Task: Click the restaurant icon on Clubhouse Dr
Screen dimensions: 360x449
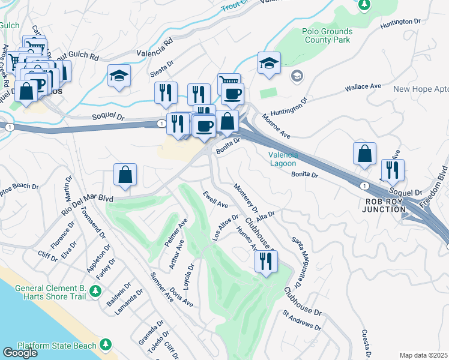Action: click(x=265, y=261)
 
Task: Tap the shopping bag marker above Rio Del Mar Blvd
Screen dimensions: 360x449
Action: click(x=125, y=175)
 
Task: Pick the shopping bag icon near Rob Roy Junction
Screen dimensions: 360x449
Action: click(x=365, y=154)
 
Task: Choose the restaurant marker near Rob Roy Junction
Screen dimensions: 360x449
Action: click(x=393, y=170)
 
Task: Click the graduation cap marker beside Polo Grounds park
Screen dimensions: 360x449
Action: click(x=269, y=62)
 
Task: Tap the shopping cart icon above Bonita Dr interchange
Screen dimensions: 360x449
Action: click(x=229, y=83)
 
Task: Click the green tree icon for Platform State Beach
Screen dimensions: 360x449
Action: click(x=106, y=344)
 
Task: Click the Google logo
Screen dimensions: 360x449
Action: click(x=20, y=353)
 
